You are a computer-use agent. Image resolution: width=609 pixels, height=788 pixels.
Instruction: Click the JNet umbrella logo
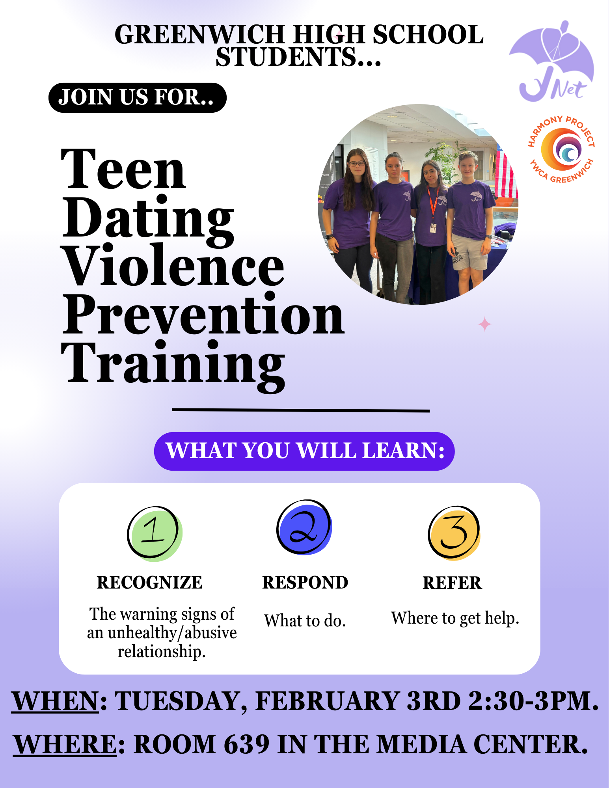tap(552, 61)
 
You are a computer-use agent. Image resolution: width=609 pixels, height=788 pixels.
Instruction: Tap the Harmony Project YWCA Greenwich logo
tap(561, 149)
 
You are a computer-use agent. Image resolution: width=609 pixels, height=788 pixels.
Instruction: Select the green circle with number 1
tap(155, 533)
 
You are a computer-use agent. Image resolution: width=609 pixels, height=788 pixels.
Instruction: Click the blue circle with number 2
tap(304, 527)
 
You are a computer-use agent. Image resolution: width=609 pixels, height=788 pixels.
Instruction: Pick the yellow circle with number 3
tap(454, 533)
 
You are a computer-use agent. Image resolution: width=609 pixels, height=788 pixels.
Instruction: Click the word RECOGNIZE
tap(149, 583)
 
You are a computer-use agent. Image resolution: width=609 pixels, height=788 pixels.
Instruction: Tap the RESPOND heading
tap(305, 583)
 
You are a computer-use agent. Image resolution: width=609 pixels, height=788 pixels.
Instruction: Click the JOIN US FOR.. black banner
tap(137, 97)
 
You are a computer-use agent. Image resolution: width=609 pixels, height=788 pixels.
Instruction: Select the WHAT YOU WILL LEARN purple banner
tap(304, 451)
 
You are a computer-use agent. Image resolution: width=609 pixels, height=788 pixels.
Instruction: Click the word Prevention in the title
tap(203, 315)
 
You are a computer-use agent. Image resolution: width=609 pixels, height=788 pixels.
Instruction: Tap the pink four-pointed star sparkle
tap(484, 324)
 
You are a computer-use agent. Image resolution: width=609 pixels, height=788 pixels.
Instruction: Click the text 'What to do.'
tap(305, 621)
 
